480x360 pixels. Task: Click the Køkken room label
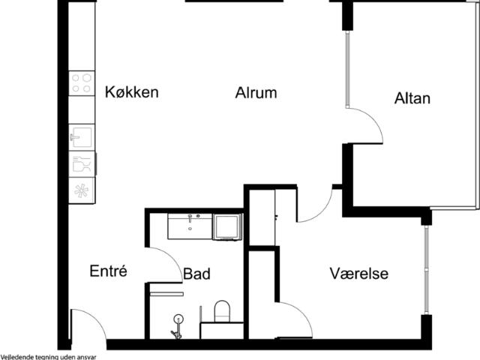[x=132, y=92]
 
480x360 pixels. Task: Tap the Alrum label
[x=256, y=93]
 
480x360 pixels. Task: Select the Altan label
[x=412, y=98]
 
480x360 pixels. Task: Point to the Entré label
[x=108, y=271]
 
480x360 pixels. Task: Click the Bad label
[x=196, y=274]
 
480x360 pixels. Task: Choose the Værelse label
[x=359, y=273]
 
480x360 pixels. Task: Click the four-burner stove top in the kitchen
[x=82, y=83]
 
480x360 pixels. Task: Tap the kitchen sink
[x=82, y=137]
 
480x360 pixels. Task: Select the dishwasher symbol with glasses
[x=82, y=163]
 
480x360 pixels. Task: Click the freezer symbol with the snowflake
[x=82, y=190]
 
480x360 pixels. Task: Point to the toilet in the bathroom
[x=222, y=311]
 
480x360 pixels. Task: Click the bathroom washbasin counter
[x=190, y=226]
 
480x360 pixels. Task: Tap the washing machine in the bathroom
[x=227, y=226]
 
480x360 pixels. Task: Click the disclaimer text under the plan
[x=48, y=357]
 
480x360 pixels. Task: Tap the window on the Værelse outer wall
[x=427, y=270]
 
